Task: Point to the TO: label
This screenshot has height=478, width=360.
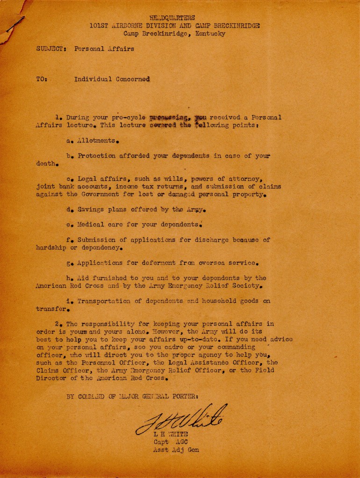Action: point(41,79)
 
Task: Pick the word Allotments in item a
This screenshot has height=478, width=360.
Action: point(96,140)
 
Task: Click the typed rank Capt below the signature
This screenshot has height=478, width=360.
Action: point(161,442)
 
